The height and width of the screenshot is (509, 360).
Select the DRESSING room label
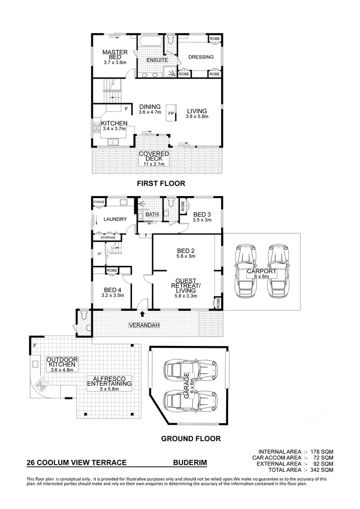point(201,57)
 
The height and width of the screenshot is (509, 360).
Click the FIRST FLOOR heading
point(161,183)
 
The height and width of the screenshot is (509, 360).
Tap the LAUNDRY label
point(115,219)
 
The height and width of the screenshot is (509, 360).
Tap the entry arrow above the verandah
point(143,313)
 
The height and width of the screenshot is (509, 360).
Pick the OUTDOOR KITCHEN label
point(62,364)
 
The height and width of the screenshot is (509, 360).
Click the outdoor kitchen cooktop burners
point(41,388)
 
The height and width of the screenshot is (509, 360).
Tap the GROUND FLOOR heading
point(191,438)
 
